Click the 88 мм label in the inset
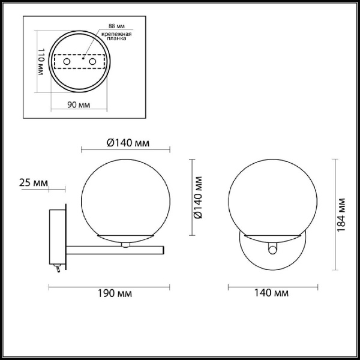tap(116, 27)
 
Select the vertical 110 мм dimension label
tap(41, 61)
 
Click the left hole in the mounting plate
tap(67, 62)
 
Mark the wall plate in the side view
tap(58, 237)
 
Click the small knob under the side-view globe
tap(125, 244)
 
